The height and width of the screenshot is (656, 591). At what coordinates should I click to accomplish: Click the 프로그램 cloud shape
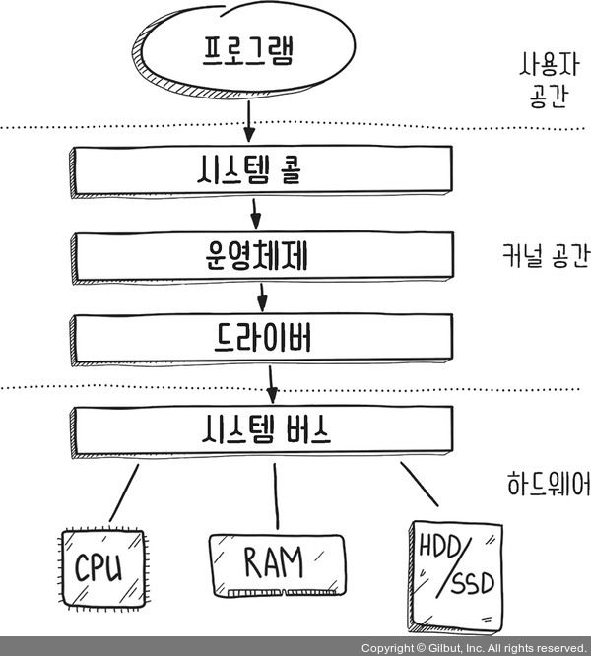coord(250,49)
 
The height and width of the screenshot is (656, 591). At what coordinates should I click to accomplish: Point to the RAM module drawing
coord(276,565)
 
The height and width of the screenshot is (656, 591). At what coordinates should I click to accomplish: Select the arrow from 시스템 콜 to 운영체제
coord(255,210)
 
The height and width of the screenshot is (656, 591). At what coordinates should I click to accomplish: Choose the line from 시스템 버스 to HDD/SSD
coord(418,487)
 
